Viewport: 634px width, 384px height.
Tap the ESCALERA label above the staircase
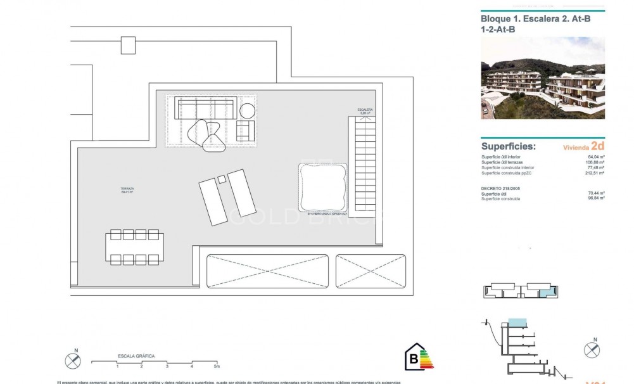tap(365, 110)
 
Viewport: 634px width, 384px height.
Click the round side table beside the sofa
tap(247, 110)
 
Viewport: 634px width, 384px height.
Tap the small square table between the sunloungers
tap(221, 180)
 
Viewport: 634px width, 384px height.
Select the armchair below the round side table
tap(245, 130)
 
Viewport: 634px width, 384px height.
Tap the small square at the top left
tap(128, 45)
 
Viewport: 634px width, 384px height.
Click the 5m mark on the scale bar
tap(216, 366)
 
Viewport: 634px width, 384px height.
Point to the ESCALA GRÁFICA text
tap(136, 357)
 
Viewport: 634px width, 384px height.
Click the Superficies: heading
tap(509, 146)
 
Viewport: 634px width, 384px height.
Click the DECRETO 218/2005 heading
tap(501, 189)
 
